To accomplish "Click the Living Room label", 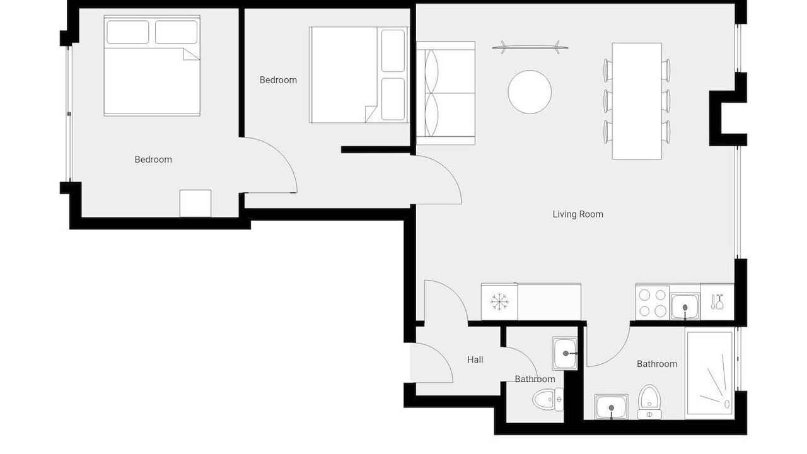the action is click(578, 214).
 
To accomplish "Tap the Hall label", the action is click(475, 359).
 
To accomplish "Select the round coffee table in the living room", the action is click(530, 92).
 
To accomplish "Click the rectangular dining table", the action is click(637, 102).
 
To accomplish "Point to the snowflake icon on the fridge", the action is click(499, 302).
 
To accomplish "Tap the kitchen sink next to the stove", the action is click(685, 306).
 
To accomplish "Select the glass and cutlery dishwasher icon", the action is click(717, 302).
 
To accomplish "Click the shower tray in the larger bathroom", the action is click(710, 373).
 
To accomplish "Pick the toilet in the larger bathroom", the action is click(649, 402).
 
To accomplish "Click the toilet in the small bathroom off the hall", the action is click(548, 399).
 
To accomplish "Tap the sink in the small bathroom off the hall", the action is click(564, 354).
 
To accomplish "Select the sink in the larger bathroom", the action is click(611, 407).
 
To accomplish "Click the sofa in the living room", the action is click(446, 93).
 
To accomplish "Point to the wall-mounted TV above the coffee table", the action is click(530, 47).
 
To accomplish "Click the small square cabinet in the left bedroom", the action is click(195, 204).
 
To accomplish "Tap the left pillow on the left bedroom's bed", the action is click(128, 32).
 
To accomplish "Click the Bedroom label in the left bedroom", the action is click(153, 160).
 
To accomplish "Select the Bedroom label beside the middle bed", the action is click(278, 79).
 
